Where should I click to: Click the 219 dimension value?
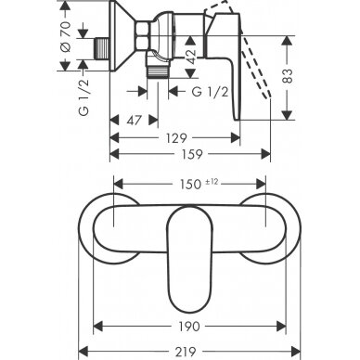pyautogui.click(x=187, y=352)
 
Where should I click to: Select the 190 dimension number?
pyautogui.click(x=189, y=327)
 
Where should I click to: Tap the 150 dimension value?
pyautogui.click(x=191, y=185)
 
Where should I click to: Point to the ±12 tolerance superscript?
pyautogui.click(x=212, y=182)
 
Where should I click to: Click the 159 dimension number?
pyautogui.click(x=192, y=154)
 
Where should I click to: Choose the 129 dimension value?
pyautogui.click(x=176, y=138)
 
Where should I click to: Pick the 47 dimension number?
pyautogui.click(x=134, y=121)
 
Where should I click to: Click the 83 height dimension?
pyautogui.click(x=288, y=76)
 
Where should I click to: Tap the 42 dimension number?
pyautogui.click(x=191, y=57)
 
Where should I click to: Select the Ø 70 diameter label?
pyautogui.click(x=66, y=37)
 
